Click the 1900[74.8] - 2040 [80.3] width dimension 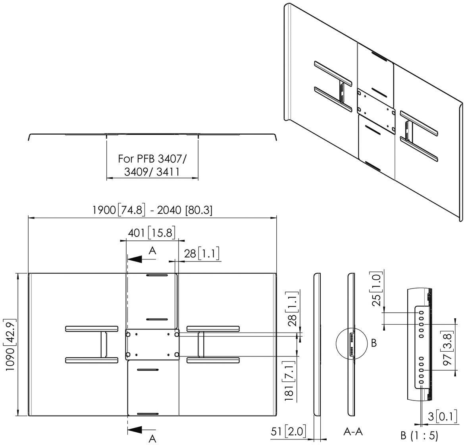[x=152, y=210]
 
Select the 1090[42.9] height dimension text [x=10, y=344]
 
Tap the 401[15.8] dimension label [x=151, y=232]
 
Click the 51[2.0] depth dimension [x=288, y=431]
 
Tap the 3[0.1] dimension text [x=443, y=416]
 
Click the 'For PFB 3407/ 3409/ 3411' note [x=152, y=165]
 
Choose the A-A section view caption [x=353, y=431]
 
